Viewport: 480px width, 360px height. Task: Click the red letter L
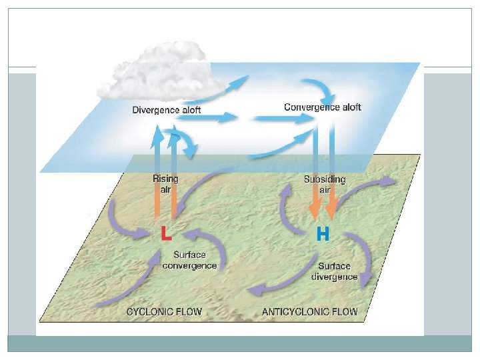pyautogui.click(x=165, y=235)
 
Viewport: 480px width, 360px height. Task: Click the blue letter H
pyautogui.click(x=322, y=235)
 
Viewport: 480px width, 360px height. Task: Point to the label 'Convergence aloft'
pyautogui.click(x=323, y=107)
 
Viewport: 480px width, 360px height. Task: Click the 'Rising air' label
pyautogui.click(x=166, y=184)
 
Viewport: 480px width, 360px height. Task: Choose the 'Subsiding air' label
pyautogui.click(x=326, y=185)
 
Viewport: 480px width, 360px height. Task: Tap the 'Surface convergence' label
pyautogui.click(x=190, y=260)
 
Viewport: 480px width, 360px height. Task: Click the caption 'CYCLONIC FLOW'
pyautogui.click(x=164, y=311)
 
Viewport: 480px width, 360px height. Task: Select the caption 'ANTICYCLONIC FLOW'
pyautogui.click(x=310, y=311)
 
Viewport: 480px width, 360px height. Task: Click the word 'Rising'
pyautogui.click(x=166, y=179)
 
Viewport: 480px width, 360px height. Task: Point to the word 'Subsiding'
pyautogui.click(x=326, y=179)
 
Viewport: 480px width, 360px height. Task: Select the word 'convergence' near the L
pyautogui.click(x=190, y=265)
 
